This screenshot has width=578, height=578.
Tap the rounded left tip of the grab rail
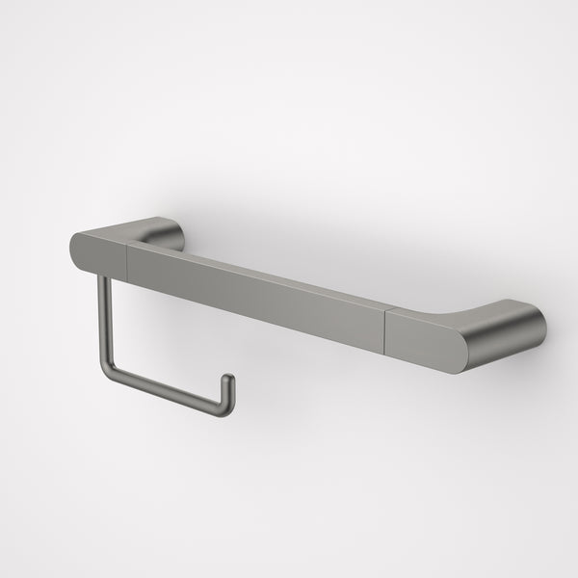click(75, 250)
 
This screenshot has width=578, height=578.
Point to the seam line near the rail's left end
click(127, 255)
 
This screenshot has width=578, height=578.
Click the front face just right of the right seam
click(424, 337)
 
